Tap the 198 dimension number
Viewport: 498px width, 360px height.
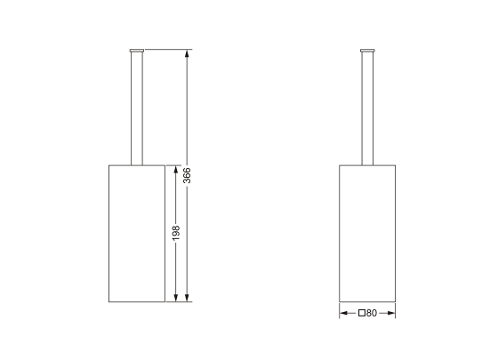[x=176, y=232]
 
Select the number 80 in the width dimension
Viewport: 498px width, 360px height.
[x=371, y=313]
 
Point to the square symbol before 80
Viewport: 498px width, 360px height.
[x=362, y=313]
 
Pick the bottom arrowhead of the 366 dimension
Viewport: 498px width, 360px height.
[x=188, y=298]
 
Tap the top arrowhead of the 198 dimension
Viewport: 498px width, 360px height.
[x=176, y=168]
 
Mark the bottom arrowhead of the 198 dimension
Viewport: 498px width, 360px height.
[x=176, y=298]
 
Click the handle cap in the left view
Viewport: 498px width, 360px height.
[x=136, y=50]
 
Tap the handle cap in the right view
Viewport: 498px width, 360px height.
[x=367, y=50]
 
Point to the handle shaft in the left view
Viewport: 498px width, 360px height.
[x=136, y=107]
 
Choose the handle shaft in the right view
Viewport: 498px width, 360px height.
[x=367, y=107]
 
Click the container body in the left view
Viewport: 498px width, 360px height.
[x=136, y=233]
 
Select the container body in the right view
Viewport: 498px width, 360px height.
[x=367, y=233]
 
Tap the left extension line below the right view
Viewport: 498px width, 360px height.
[x=340, y=310]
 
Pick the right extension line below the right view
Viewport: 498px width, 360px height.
[x=395, y=310]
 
